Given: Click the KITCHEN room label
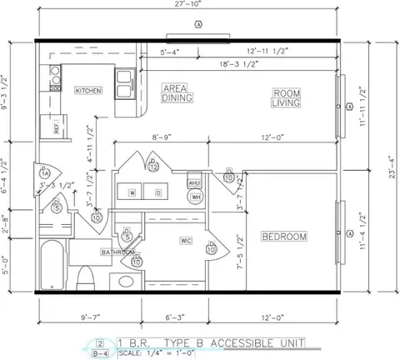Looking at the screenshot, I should (88, 90).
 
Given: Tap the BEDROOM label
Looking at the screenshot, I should (284, 237).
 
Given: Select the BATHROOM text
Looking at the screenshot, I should (118, 251).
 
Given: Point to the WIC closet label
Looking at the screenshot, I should (186, 241).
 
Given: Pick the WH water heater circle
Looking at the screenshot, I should (196, 197).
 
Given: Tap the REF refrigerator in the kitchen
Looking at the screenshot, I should (57, 127).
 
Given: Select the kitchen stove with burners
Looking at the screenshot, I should (55, 77).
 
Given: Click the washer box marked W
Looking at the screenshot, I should (132, 192).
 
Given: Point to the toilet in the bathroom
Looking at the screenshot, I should (83, 277).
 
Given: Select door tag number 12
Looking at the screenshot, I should (153, 166).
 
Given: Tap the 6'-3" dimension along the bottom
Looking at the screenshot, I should (174, 317).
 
